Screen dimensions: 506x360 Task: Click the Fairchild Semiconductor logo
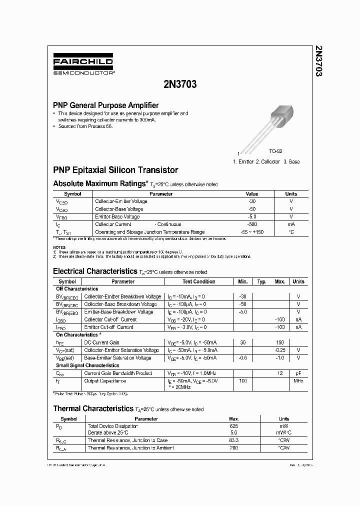click(83, 66)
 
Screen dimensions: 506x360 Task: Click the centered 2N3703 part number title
click(180, 84)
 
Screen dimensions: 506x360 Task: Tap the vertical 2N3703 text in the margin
click(318, 61)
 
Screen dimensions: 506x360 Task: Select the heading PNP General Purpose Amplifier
click(106, 105)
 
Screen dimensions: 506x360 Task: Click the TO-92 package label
click(276, 151)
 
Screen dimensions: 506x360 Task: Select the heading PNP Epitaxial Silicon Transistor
click(115, 170)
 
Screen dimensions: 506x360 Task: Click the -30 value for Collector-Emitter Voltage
click(252, 201)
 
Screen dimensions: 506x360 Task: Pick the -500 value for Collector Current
click(252, 224)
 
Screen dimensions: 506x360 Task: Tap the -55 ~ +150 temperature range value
click(252, 232)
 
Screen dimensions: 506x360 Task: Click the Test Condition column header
click(198, 281)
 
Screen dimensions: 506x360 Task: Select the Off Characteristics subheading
click(77, 289)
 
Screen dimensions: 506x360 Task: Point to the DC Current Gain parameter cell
click(102, 342)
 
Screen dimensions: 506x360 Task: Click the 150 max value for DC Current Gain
click(280, 342)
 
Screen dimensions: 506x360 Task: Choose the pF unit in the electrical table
click(298, 373)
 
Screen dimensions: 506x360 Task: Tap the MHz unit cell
click(298, 381)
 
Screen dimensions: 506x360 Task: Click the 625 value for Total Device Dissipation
click(233, 426)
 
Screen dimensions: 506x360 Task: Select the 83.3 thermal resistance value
click(233, 440)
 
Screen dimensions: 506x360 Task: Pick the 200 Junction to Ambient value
click(233, 448)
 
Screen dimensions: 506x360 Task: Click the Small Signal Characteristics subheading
click(87, 365)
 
